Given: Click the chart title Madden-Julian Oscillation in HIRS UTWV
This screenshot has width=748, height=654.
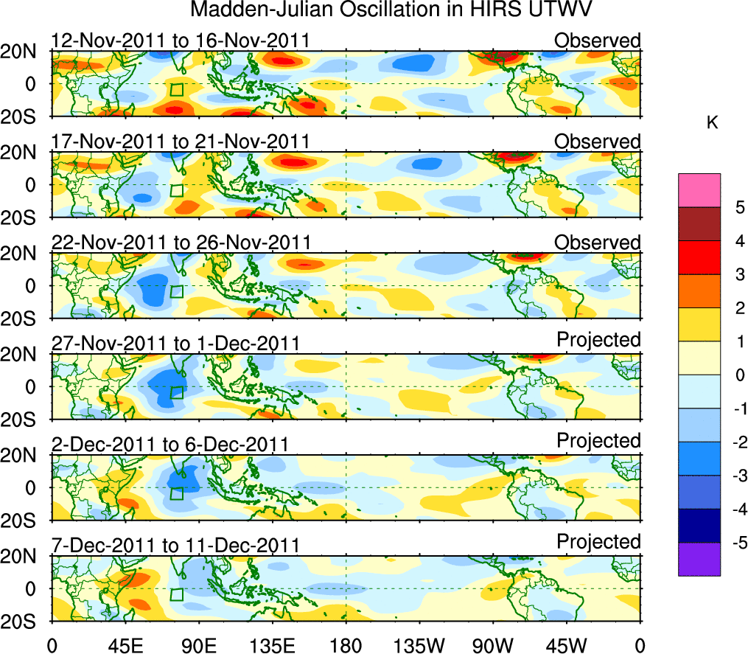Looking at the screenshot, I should (x=391, y=10).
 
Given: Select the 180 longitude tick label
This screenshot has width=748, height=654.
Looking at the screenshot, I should (x=346, y=644).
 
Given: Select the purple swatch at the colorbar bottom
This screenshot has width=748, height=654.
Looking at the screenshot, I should (x=699, y=559).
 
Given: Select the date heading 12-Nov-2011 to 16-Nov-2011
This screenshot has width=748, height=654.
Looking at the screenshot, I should (x=181, y=41).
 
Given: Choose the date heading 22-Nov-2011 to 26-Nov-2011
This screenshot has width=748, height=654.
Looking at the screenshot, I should (x=181, y=243).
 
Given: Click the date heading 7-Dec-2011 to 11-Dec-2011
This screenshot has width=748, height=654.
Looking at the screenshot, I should (x=175, y=546).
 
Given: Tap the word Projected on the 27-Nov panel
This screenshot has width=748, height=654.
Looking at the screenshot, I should (x=598, y=340).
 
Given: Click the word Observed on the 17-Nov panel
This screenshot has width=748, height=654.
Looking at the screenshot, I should (x=598, y=142).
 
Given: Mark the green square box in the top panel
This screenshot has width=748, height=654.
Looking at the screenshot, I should (x=176, y=90).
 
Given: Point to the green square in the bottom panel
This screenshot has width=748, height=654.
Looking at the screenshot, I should (x=176, y=594).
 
